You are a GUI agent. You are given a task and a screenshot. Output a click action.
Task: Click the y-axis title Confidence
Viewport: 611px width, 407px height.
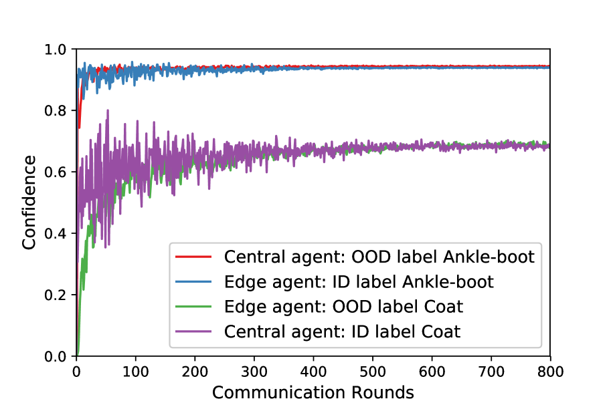29,202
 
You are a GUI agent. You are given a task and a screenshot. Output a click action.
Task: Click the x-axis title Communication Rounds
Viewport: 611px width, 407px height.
313,392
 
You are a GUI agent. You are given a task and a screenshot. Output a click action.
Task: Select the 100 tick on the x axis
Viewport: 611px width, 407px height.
136,370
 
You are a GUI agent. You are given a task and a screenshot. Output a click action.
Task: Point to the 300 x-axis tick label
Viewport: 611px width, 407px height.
254,370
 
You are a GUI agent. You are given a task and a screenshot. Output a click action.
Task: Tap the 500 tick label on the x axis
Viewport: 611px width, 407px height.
373,370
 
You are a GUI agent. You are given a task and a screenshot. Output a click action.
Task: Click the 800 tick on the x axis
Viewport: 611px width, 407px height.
550,370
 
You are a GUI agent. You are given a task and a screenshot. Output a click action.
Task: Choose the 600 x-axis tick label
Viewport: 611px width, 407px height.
432,370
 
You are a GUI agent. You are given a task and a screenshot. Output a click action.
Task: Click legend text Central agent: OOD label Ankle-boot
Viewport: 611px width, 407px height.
379,257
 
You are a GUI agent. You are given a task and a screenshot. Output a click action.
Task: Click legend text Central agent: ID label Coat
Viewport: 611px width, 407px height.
343,331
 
